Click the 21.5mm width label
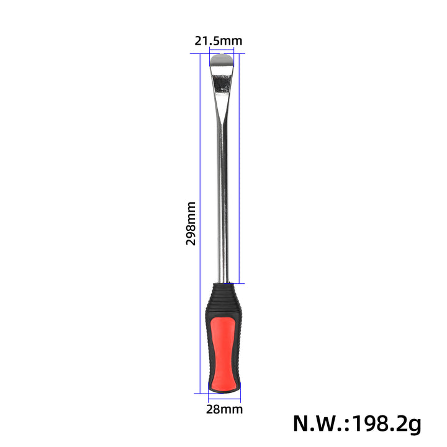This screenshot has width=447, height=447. click(x=219, y=41)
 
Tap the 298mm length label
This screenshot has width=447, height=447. click(x=191, y=223)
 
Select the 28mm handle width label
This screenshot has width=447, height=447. click(x=224, y=409)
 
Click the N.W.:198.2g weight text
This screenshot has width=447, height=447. click(x=357, y=424)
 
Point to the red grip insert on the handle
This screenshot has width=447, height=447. click(x=223, y=354)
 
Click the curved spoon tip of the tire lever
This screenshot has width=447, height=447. click(x=222, y=60)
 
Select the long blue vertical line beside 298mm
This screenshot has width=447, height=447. click(x=200, y=223)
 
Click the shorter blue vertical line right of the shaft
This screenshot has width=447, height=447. click(x=239, y=168)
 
